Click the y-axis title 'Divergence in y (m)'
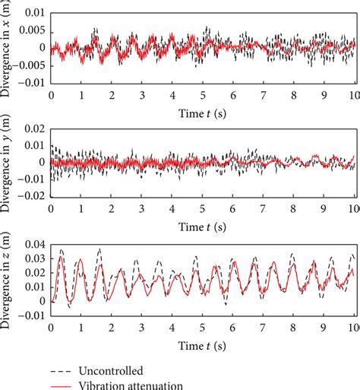pyautogui.click(x=7, y=162)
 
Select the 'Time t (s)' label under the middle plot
pyautogui.click(x=203, y=227)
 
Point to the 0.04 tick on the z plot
pyautogui.click(x=33, y=243)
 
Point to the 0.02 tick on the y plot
pyautogui.click(x=33, y=126)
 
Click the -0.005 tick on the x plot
pyautogui.click(x=29, y=64)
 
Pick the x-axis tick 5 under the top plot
pyautogui.click(x=203, y=95)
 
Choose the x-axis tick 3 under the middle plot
pyautogui.click(x=142, y=211)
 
